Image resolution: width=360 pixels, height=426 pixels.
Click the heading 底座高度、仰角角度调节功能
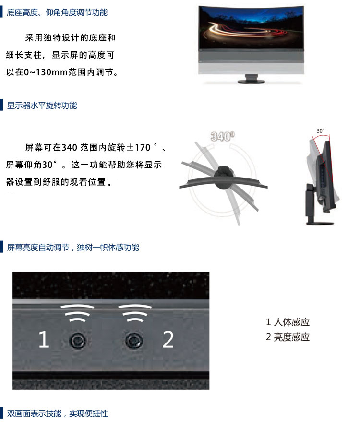(x=57, y=12)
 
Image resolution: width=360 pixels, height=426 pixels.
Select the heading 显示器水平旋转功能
(x=42, y=106)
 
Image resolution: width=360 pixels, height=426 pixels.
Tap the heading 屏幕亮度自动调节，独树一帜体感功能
(x=73, y=247)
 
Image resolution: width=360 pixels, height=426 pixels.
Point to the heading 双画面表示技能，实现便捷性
(x=58, y=414)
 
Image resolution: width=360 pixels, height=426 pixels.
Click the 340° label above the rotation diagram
(x=223, y=136)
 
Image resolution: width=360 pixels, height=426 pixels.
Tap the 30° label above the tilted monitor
(x=320, y=131)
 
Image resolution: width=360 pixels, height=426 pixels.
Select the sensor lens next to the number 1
(x=78, y=341)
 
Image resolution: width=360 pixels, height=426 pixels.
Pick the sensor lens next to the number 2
(x=134, y=340)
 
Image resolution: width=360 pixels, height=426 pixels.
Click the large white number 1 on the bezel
(x=44, y=339)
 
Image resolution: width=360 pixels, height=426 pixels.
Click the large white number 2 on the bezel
(x=168, y=339)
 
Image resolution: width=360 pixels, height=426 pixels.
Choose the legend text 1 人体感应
(x=288, y=322)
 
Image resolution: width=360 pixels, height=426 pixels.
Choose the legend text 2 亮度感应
(x=288, y=337)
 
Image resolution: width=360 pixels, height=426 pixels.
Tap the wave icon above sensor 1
(x=77, y=313)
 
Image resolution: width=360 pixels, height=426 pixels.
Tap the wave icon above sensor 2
(x=135, y=313)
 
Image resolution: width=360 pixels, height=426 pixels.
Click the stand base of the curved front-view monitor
(x=251, y=81)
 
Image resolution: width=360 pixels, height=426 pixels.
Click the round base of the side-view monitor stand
(x=320, y=223)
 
